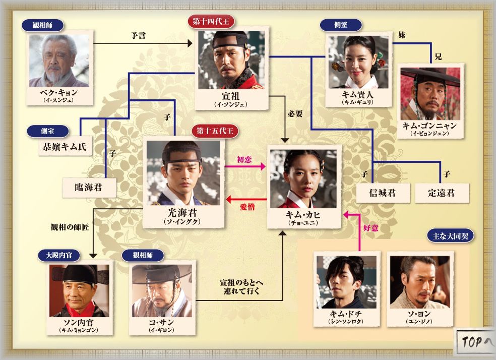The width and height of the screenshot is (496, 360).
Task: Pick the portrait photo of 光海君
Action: point(183,172)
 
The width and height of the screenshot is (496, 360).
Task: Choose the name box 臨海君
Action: point(89,188)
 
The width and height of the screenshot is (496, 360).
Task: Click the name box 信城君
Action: point(383,193)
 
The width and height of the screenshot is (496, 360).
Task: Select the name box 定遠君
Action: point(441,193)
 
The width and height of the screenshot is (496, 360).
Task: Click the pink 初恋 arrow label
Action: point(244,160)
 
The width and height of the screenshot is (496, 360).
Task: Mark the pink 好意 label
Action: point(370,227)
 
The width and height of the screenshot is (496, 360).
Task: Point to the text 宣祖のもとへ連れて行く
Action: point(241,286)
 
